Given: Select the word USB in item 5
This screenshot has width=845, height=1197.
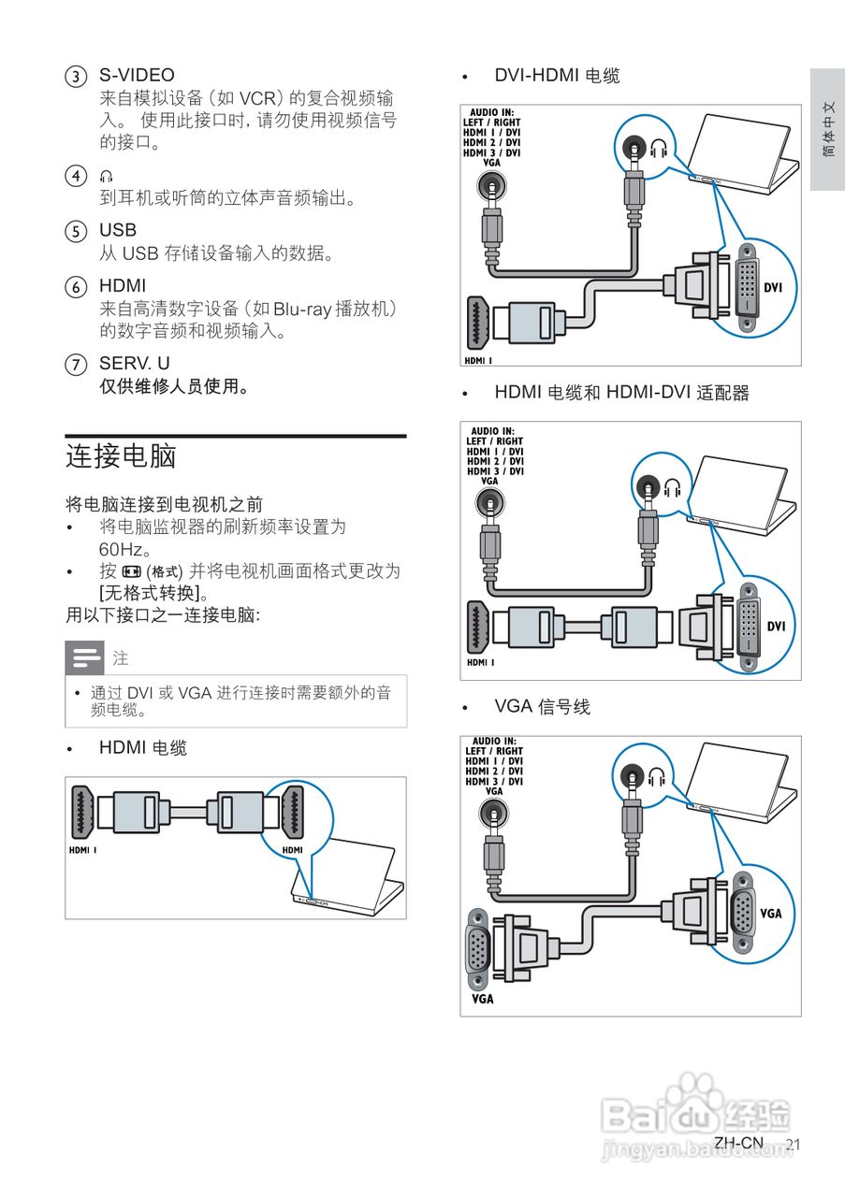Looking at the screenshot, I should (x=118, y=230).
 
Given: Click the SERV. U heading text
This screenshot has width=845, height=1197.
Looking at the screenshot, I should (x=135, y=363).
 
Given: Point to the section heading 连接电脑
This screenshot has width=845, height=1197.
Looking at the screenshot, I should (x=121, y=456).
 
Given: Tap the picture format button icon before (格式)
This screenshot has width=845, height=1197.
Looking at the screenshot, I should (x=131, y=571).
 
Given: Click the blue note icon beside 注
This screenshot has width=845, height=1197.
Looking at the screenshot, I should (x=84, y=658).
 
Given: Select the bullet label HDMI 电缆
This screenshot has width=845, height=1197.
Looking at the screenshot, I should (x=143, y=748).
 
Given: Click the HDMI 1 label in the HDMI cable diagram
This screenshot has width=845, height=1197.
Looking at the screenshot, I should (x=84, y=850).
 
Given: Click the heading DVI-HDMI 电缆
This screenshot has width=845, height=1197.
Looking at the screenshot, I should (x=557, y=76).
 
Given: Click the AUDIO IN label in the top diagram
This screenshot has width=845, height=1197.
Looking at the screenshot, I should (x=492, y=112).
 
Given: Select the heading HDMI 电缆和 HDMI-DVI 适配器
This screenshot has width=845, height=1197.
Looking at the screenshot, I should (x=621, y=394).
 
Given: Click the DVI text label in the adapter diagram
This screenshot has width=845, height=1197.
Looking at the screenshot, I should (x=776, y=627).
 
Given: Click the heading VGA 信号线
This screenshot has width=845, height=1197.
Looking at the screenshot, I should (x=542, y=708).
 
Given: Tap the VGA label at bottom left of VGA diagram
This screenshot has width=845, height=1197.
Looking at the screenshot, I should (x=482, y=999).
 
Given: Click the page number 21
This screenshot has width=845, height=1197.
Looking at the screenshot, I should (x=794, y=1145).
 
